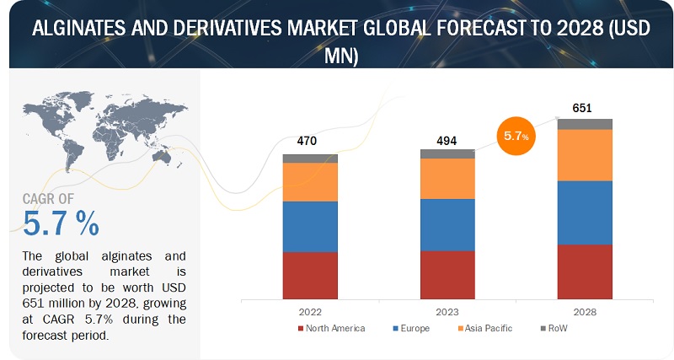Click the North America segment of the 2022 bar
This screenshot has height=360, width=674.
tap(310, 275)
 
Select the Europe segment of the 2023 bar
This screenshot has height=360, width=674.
tap(447, 224)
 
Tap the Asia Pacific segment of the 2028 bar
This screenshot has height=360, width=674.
tap(585, 154)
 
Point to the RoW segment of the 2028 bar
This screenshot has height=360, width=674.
tap(585, 124)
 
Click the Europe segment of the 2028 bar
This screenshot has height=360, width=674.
tap(585, 212)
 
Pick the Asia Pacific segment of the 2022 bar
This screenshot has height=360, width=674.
tap(310, 181)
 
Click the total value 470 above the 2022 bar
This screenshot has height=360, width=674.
tap(307, 141)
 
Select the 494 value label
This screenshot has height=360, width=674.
tap(447, 140)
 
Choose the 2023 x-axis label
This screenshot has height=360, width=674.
tap(447, 311)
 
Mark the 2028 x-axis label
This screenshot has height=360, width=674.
tap(585, 311)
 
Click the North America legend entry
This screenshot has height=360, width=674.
tap(331, 327)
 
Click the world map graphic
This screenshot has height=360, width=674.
tap(101, 127)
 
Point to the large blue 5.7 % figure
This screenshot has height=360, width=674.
tap(61, 223)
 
